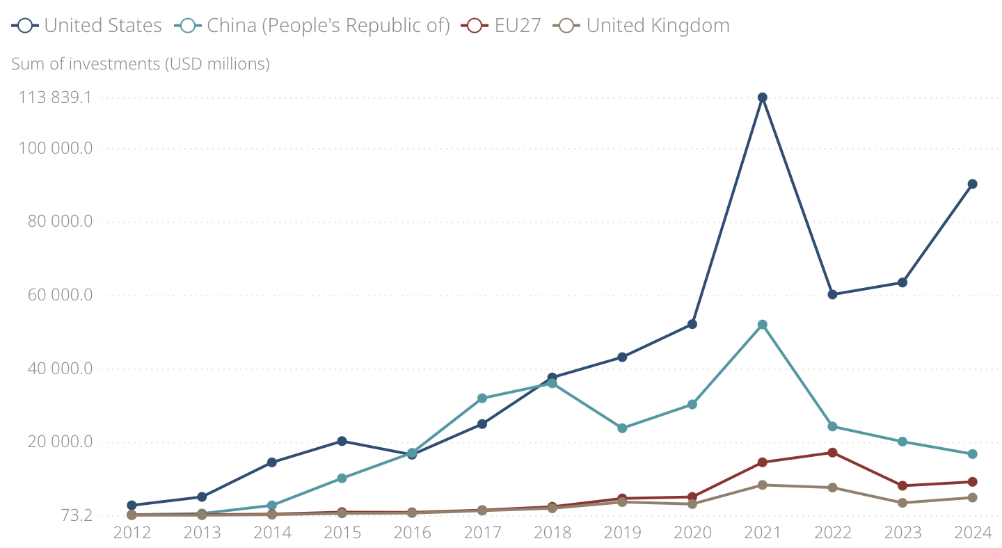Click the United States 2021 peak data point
click(x=762, y=97)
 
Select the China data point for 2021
click(x=762, y=325)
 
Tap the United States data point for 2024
click(x=972, y=184)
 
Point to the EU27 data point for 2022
click(x=832, y=453)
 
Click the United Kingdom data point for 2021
click(x=762, y=485)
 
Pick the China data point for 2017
click(x=482, y=398)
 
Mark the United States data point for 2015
click(x=342, y=441)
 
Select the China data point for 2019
click(x=622, y=428)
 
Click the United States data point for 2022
click(x=832, y=294)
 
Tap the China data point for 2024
click(x=972, y=454)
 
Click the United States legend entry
click(x=87, y=26)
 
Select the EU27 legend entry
click(x=502, y=26)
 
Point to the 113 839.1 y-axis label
click(x=55, y=97)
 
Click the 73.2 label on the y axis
click(x=75, y=515)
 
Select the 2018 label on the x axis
click(x=552, y=533)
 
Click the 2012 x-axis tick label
click(x=132, y=533)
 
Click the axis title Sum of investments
click(x=140, y=63)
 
